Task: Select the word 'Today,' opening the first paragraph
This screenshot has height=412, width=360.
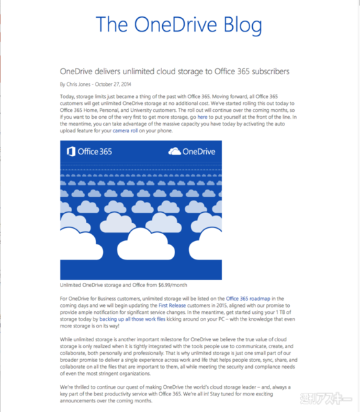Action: [x=69, y=98]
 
